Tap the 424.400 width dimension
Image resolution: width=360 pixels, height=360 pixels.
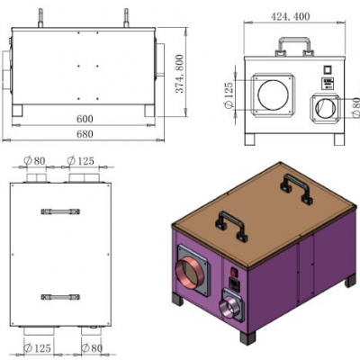click(x=295, y=15)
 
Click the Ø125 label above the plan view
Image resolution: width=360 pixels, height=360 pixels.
click(x=83, y=162)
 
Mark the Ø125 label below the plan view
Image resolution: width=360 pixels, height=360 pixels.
click(x=36, y=347)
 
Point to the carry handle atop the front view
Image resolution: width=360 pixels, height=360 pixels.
click(x=293, y=44)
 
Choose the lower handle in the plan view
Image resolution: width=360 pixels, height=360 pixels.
click(x=59, y=296)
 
